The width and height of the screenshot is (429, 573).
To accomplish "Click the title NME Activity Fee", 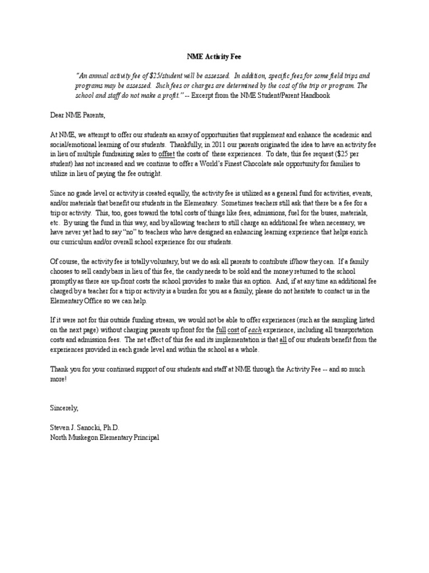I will coord(214,57).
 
